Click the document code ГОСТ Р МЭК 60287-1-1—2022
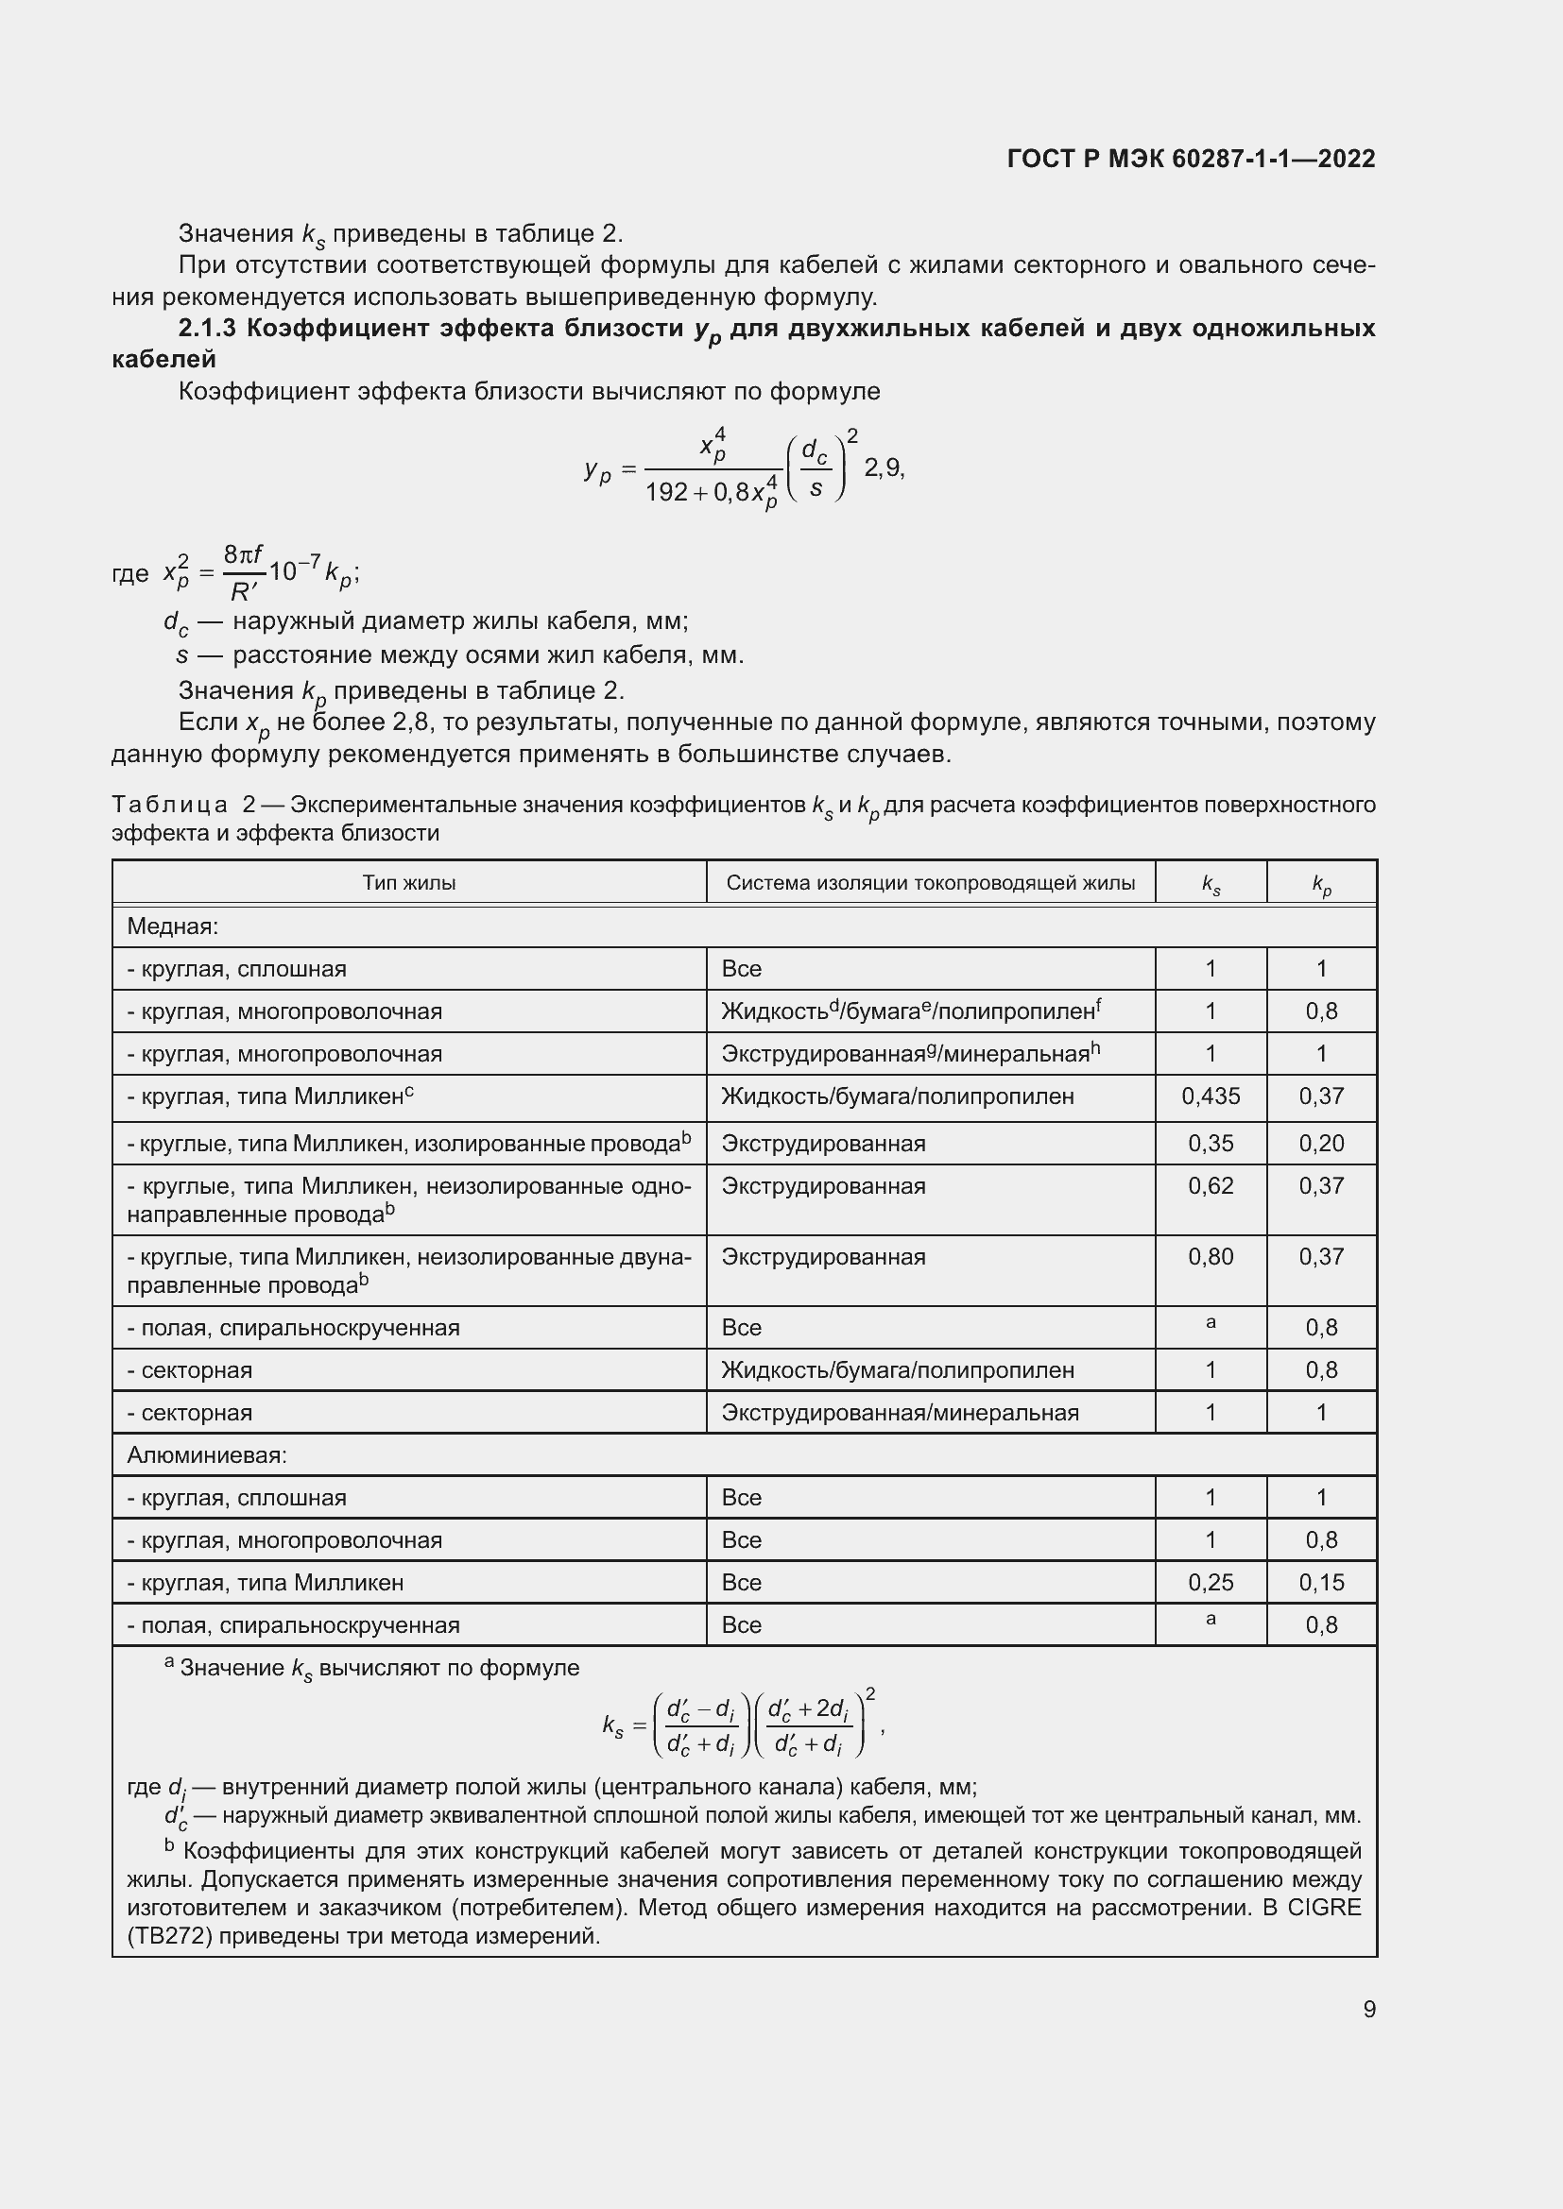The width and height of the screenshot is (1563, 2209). pos(1191,159)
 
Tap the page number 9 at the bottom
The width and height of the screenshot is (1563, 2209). pos(1368,2009)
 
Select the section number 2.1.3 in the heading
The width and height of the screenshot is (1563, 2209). pos(207,329)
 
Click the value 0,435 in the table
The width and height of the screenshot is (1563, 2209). pos(1210,1096)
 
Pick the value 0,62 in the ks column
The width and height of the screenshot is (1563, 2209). pos(1210,1185)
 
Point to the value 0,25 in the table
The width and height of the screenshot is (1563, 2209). pos(1210,1582)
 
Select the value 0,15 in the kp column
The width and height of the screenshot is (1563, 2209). pos(1320,1582)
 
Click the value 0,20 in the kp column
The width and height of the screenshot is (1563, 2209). pos(1320,1143)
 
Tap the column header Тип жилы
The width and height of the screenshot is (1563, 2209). pos(409,882)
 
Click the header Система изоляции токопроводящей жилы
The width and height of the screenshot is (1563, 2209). pos(930,882)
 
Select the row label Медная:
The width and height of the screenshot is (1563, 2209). pos(173,926)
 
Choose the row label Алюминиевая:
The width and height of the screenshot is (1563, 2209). pos(207,1454)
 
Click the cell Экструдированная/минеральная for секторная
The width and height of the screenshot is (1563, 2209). pos(899,1412)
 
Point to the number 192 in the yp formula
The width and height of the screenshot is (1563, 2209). pos(666,493)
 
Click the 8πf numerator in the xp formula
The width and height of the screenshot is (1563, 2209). pos(243,554)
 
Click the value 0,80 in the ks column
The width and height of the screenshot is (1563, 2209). pos(1210,1256)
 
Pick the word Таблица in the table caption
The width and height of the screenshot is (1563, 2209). pos(170,805)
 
